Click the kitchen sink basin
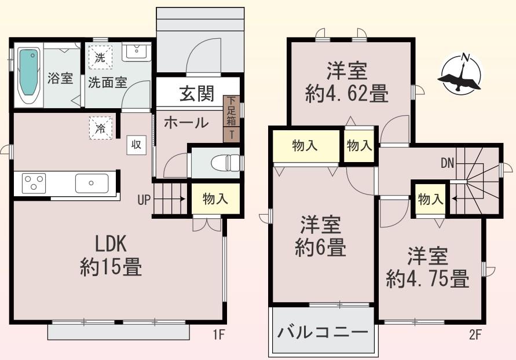(92, 183)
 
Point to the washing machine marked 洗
(100, 57)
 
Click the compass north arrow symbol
(460, 74)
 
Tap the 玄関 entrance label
(197, 93)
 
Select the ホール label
(186, 123)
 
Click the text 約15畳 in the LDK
(111, 266)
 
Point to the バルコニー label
(322, 332)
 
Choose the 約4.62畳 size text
(347, 93)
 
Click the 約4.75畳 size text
(428, 278)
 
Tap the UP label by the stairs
(144, 200)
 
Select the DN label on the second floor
(447, 163)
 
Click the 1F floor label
(218, 335)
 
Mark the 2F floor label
(475, 335)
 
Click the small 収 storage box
(136, 145)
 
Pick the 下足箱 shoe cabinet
(231, 111)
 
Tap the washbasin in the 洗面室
(137, 53)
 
